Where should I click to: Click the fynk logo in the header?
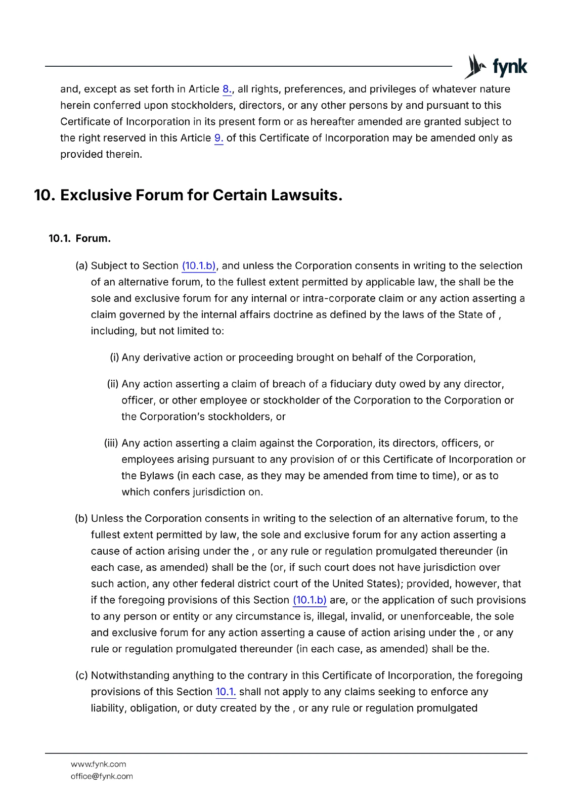pos(496,66)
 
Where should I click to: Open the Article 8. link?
pos(227,89)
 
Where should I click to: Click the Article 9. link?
pos(218,138)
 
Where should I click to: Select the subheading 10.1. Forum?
pos(79,239)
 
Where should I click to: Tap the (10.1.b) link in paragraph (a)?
pos(199,266)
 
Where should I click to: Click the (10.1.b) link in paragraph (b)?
pos(310,600)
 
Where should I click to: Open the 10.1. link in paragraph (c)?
pos(226,692)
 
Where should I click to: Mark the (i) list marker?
pos(114,357)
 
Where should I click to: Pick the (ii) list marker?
pos(113,384)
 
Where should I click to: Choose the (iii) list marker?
pos(111,443)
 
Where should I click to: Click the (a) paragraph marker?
pos(81,266)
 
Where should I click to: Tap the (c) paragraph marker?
pos(81,676)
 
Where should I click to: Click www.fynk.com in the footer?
pos(99,764)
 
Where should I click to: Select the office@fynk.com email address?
pos(102,776)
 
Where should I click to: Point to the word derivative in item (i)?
pos(166,357)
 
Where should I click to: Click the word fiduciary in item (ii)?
pos(351,384)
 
